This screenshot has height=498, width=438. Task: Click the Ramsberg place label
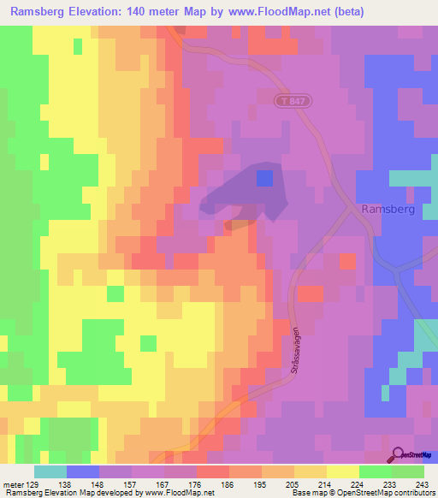point(388,209)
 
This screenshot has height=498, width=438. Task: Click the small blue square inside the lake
point(265,177)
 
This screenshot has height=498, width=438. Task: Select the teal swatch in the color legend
point(50,471)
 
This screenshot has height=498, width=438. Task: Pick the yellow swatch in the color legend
point(342,471)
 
